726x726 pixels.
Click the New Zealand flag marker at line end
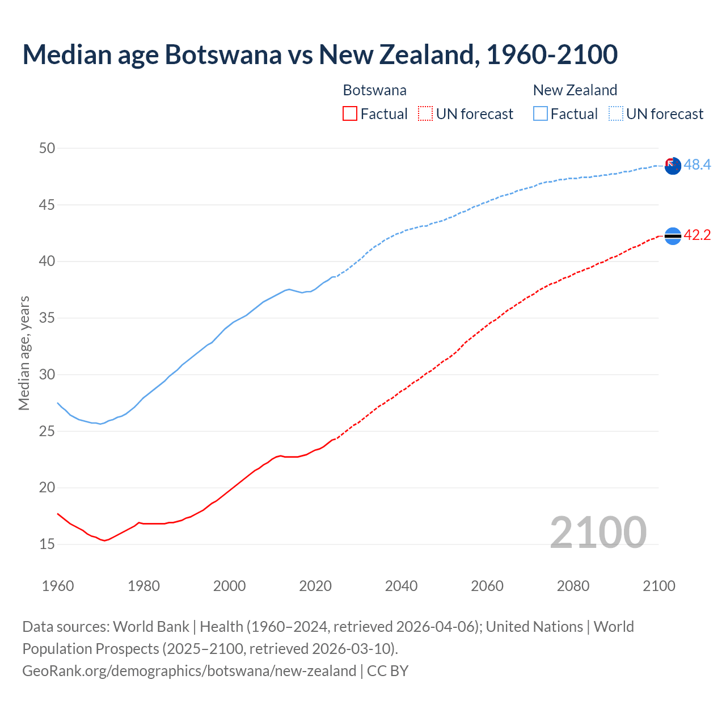tap(672, 166)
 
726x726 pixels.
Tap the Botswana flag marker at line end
tap(672, 236)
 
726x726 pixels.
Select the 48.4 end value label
tap(697, 165)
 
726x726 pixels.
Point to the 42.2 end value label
tap(697, 235)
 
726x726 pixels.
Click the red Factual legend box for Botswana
tap(350, 114)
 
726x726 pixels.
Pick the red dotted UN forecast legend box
tap(425, 114)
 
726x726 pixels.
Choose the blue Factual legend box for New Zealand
tap(541, 114)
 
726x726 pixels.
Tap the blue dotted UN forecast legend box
tap(616, 114)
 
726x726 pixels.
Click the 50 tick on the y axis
tap(47, 149)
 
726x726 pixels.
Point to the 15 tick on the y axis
tap(47, 544)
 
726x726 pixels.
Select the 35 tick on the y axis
tap(47, 318)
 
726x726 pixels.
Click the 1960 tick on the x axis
tap(58, 586)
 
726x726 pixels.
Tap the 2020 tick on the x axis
tap(315, 586)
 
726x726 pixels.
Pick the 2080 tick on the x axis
tap(573, 586)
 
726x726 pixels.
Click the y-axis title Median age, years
tap(24, 353)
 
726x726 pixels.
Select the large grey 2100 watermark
tap(598, 533)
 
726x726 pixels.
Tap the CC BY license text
tap(387, 671)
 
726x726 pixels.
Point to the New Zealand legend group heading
tap(575, 90)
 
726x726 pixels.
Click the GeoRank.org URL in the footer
tap(189, 671)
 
